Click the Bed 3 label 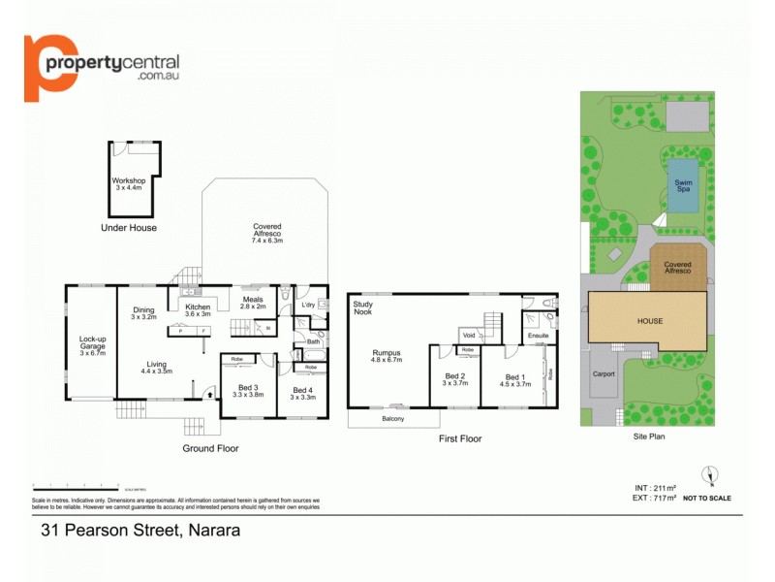248,392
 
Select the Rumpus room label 387,355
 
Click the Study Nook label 362,308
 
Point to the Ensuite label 539,336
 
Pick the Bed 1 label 515,379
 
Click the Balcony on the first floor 392,419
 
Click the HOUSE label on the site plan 649,320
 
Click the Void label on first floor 468,335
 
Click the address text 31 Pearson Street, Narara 140,532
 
